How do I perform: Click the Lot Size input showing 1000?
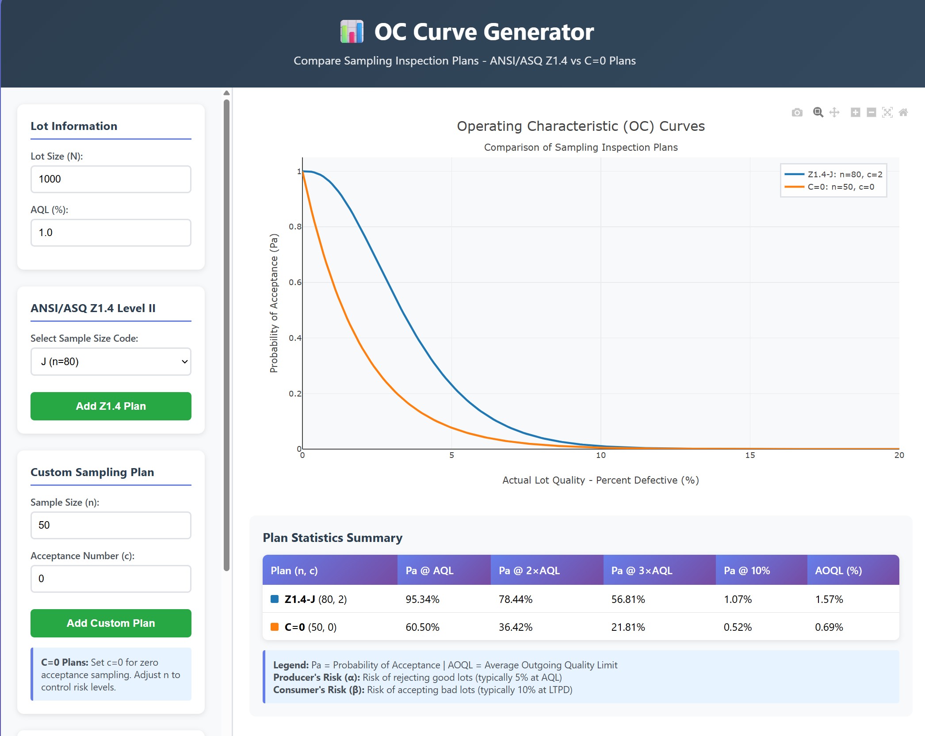tap(111, 179)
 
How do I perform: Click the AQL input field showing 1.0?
tap(111, 233)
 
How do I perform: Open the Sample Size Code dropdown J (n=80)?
tap(111, 362)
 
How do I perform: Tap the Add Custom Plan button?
tap(111, 623)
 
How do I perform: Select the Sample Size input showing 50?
tap(111, 525)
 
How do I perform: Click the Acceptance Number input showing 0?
tap(111, 579)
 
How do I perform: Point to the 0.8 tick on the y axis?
tap(295, 227)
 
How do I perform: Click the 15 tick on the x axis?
tap(750, 455)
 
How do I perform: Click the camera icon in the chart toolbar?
tap(797, 113)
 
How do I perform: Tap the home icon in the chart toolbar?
tap(903, 113)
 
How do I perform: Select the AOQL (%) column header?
tap(838, 571)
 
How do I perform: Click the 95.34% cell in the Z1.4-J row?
tap(422, 599)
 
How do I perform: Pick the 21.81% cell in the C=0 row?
tap(628, 627)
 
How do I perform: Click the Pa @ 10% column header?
tap(747, 571)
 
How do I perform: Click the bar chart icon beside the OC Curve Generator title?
tap(352, 32)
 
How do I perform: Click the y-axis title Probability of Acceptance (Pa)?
tap(274, 303)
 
